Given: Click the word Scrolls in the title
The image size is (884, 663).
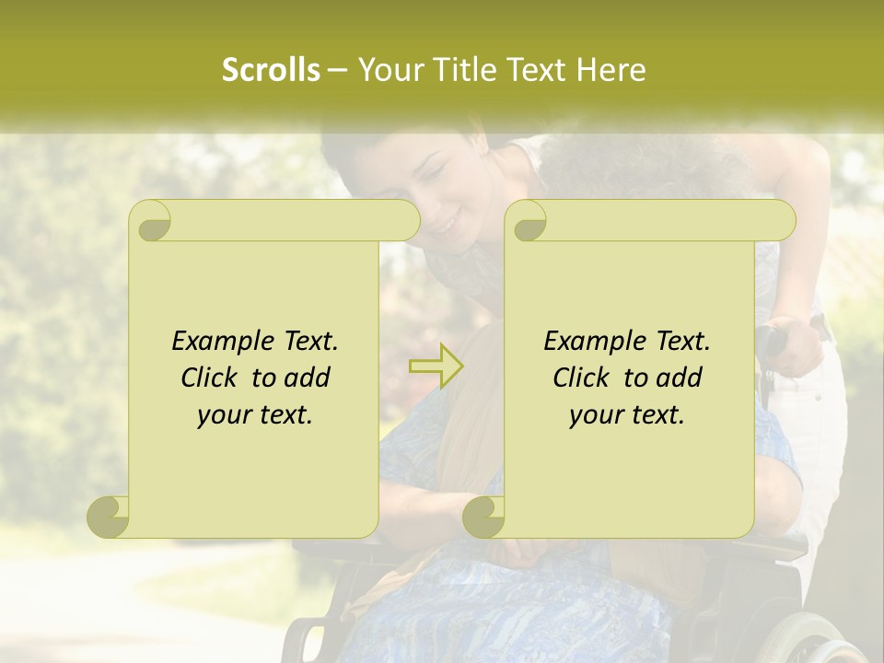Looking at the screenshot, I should pos(271,70).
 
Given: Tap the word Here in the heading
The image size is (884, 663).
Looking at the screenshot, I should pos(611,70).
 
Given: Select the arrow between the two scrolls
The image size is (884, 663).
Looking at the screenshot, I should pos(436,366).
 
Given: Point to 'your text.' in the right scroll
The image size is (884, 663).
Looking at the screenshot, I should pos(627,415).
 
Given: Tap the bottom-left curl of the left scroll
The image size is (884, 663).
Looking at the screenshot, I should pos(108,517).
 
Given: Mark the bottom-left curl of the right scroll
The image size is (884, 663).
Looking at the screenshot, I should pos(483,517).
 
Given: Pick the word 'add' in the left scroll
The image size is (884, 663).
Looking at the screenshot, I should pos(308,378).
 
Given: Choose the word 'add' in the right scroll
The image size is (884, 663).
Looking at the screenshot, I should pos(680,378).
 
